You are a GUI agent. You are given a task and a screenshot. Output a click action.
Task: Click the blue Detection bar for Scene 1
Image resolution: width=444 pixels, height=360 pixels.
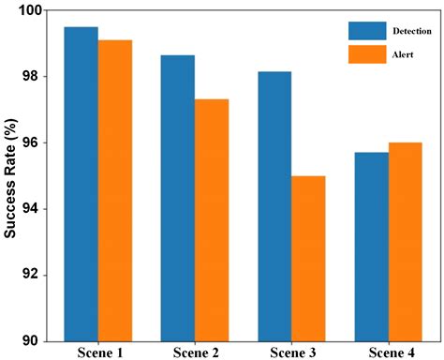pos(81,183)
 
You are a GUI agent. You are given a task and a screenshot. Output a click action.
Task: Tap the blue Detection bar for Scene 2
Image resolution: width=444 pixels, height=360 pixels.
pos(178,197)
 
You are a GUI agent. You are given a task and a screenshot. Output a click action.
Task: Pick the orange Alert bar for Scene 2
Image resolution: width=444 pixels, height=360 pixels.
pos(212,219)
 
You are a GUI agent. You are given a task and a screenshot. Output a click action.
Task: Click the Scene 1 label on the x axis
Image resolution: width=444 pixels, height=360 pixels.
pos(97,352)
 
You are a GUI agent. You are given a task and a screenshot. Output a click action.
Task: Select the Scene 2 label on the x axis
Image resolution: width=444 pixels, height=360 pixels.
pos(195,352)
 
